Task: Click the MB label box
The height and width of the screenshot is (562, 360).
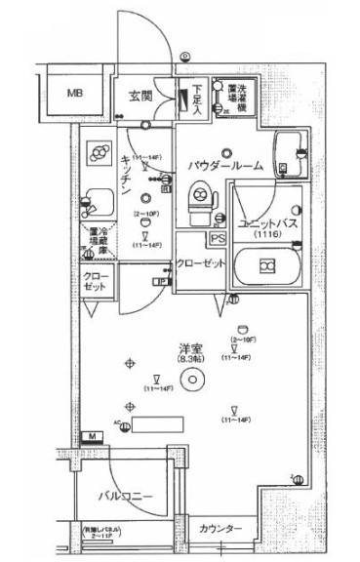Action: click(74, 94)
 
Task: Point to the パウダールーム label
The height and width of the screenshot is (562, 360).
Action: click(225, 166)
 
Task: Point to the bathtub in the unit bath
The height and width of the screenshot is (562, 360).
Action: click(265, 266)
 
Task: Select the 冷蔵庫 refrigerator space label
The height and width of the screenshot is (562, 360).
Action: click(98, 242)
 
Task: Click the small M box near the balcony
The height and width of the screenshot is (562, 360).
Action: click(91, 435)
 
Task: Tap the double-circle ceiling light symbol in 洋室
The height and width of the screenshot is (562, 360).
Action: click(193, 381)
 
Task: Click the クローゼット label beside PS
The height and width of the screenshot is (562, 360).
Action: click(202, 264)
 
